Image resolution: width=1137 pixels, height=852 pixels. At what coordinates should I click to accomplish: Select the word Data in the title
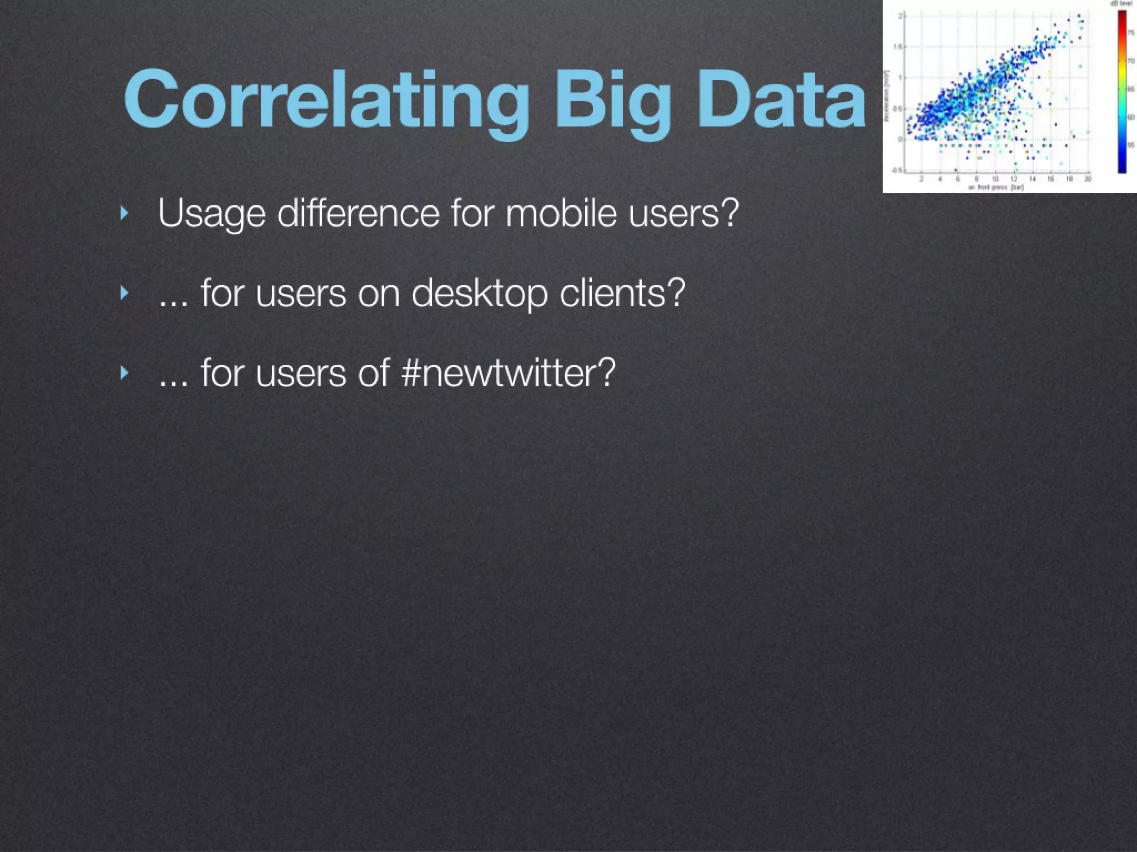[780, 100]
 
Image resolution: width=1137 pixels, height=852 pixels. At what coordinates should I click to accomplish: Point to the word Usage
[212, 214]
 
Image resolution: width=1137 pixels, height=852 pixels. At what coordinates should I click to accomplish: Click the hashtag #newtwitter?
[508, 373]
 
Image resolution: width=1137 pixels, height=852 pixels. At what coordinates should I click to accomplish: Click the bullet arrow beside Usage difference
[124, 213]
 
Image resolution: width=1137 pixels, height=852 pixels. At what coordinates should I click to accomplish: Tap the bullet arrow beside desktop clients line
[124, 293]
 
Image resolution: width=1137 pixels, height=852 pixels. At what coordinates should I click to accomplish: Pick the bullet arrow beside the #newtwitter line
[124, 373]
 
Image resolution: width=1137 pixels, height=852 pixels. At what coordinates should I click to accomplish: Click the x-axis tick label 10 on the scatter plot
[995, 179]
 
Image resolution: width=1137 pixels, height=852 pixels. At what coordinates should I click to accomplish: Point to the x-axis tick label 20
[1088, 179]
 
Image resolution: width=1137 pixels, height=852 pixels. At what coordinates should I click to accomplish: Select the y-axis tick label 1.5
[898, 47]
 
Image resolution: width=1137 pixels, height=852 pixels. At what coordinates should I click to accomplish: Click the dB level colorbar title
[1121, 4]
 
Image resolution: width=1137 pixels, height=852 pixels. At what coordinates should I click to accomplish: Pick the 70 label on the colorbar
[1130, 61]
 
